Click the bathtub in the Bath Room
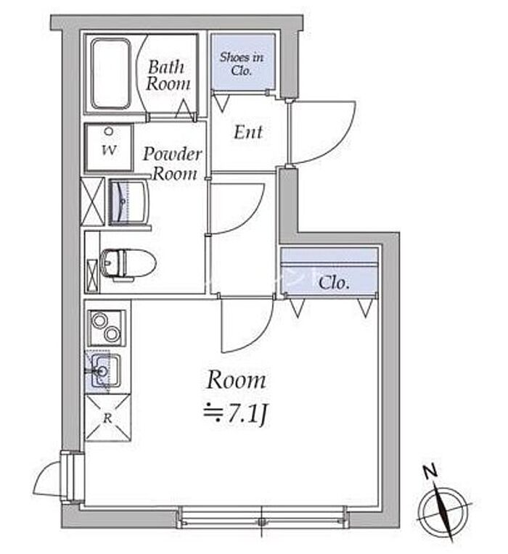[110, 73]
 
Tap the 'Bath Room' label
[168, 75]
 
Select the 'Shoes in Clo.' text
[242, 64]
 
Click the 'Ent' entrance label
[248, 132]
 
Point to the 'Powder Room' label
[173, 164]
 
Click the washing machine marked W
[109, 147]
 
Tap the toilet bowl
[128, 264]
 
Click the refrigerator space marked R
[108, 418]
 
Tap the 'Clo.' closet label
[334, 283]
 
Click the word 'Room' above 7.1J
[236, 379]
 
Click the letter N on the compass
[431, 472]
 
